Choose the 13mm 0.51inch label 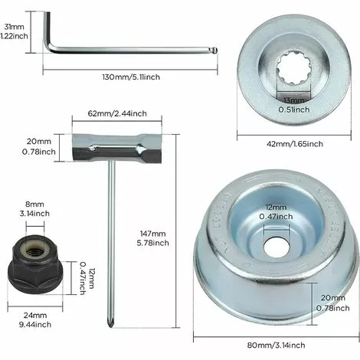point(293,104)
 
